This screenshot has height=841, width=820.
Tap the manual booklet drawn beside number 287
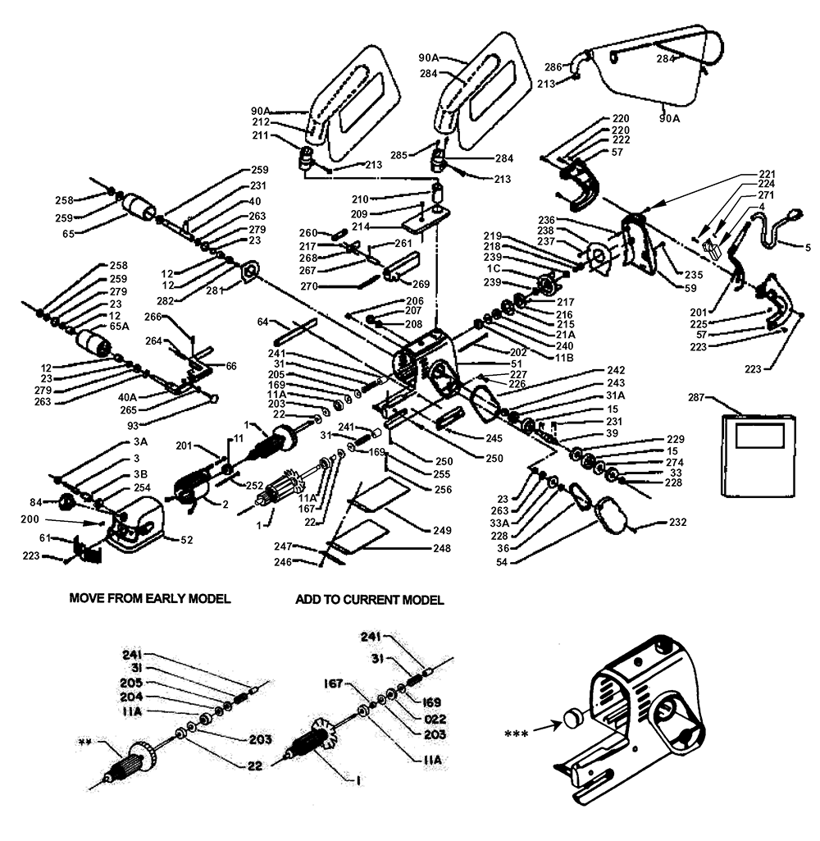(x=758, y=455)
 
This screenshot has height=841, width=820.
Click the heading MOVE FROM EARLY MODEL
(x=149, y=599)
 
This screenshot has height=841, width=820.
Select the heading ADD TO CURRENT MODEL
(x=369, y=600)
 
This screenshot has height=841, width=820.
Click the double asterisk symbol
(x=84, y=743)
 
